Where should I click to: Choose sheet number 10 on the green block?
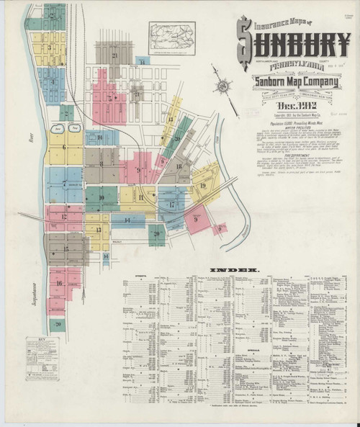tap(101, 197)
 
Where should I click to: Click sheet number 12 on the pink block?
tap(63, 216)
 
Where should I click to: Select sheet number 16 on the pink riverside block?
tap(60, 283)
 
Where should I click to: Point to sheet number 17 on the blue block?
tap(171, 204)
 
